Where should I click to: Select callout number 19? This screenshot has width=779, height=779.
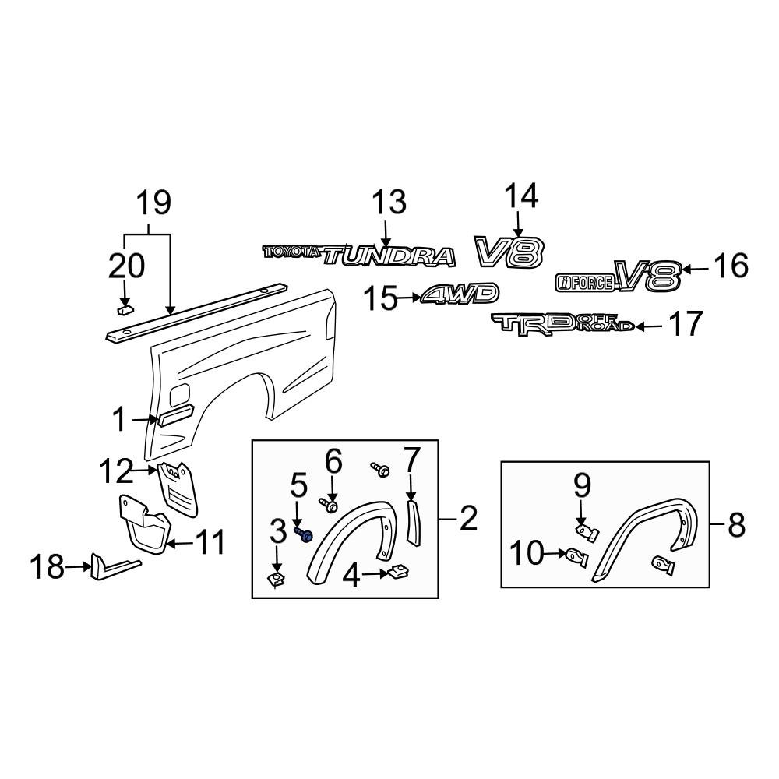pos(153,203)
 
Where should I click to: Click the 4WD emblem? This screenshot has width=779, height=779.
pos(460,294)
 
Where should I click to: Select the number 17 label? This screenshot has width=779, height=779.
pos(686,324)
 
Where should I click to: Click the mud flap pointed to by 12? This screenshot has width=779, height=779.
pos(179,488)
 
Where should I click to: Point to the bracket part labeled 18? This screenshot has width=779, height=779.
pos(109,566)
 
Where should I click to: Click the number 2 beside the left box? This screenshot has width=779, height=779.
pos(467,518)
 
